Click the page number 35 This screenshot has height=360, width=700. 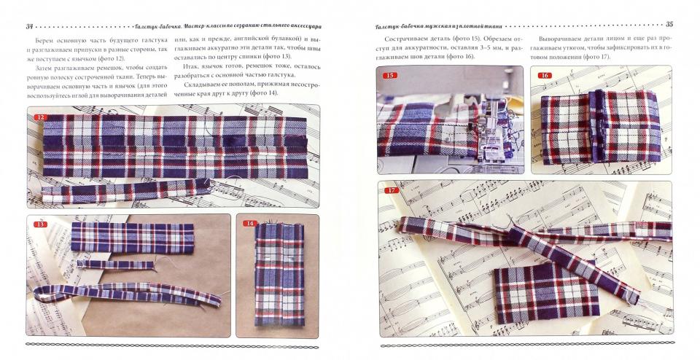(x=669, y=23)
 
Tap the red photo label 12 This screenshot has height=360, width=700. (x=41, y=117)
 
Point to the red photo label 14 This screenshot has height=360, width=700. (x=251, y=223)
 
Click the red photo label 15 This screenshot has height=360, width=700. (x=391, y=75)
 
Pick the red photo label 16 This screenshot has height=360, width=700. (x=545, y=75)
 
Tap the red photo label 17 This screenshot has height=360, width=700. (x=393, y=191)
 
